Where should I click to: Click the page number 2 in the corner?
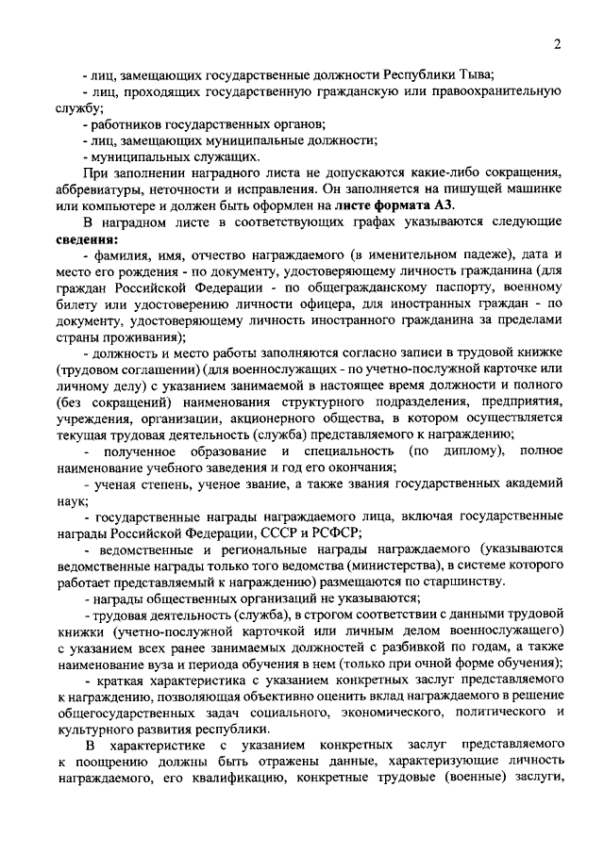558,44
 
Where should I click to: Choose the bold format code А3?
443,205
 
